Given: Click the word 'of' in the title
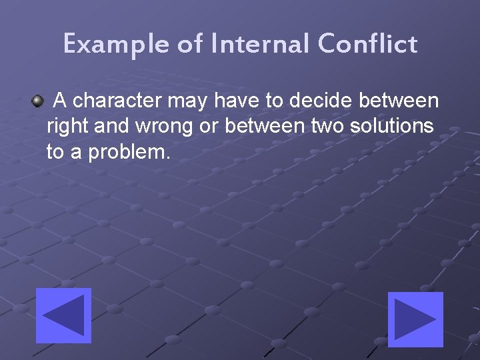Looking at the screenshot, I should pyautogui.click(x=190, y=45).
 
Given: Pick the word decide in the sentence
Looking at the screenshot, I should pyautogui.click(x=321, y=101).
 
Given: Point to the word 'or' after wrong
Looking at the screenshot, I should pyautogui.click(x=209, y=127).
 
